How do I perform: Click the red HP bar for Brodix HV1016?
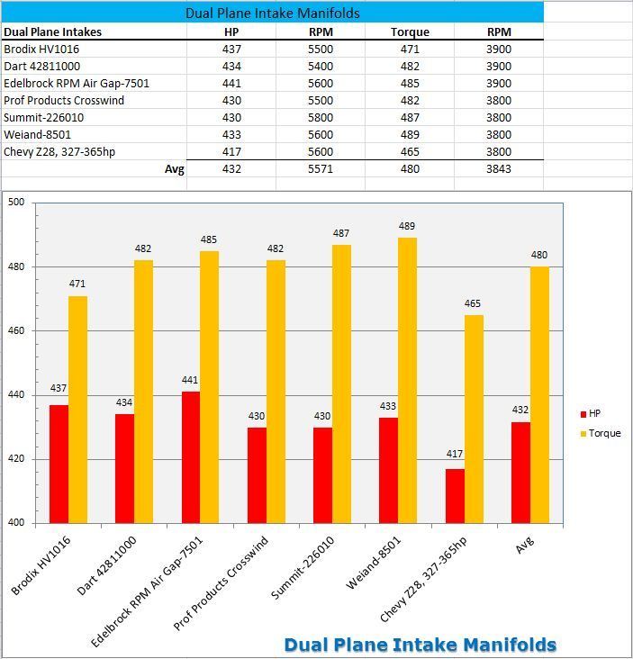[x=59, y=464]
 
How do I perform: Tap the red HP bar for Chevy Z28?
[x=455, y=495]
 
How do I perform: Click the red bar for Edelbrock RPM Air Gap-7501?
[x=190, y=457]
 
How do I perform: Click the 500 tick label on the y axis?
[x=16, y=203]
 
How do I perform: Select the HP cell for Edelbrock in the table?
[x=231, y=84]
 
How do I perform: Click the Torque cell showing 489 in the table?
[x=410, y=135]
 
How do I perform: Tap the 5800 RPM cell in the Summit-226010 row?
[x=320, y=118]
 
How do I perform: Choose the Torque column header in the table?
[x=410, y=32]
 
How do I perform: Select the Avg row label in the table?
[x=174, y=169]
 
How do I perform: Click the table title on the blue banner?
[x=272, y=13]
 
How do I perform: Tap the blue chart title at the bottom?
[x=420, y=645]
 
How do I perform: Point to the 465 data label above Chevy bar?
[x=473, y=304]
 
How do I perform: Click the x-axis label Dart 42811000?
[x=106, y=564]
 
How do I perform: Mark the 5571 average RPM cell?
[x=320, y=169]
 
